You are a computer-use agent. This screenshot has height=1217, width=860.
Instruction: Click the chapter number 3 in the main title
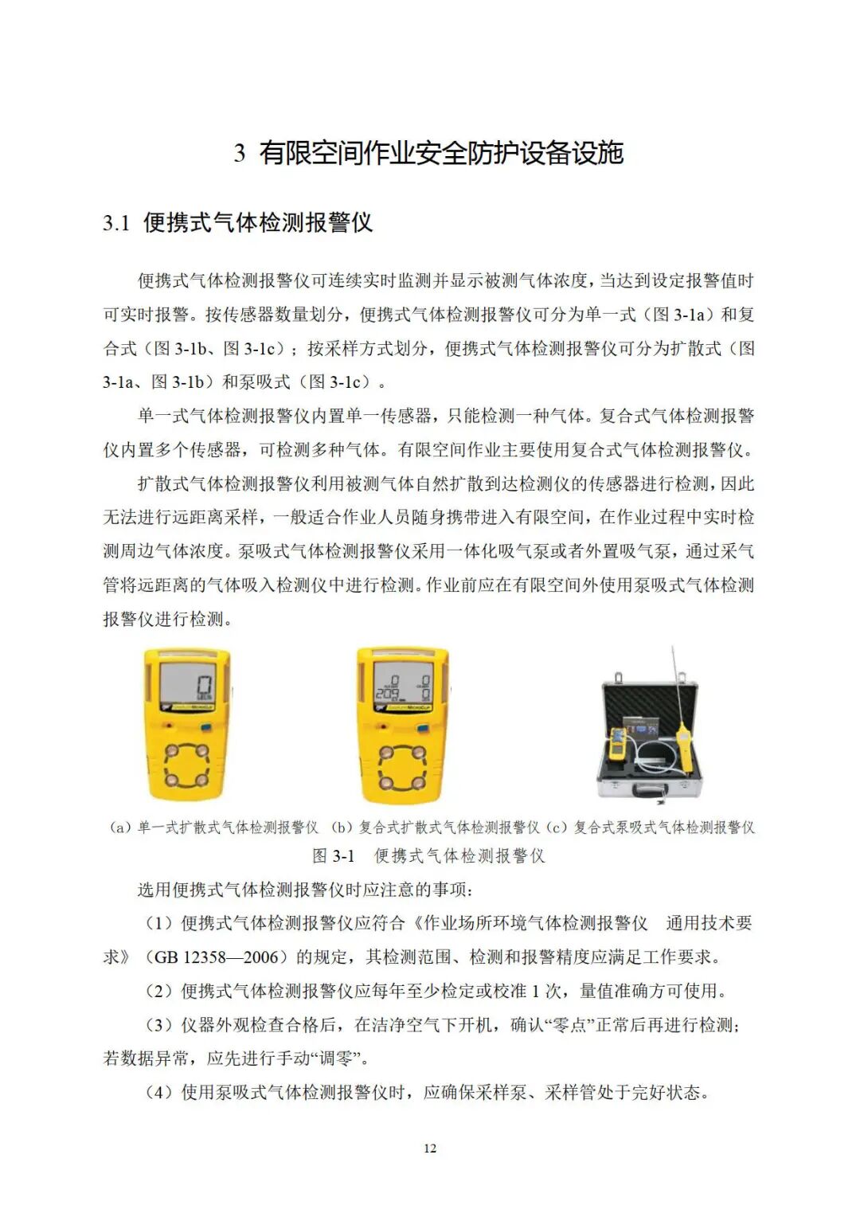click(239, 153)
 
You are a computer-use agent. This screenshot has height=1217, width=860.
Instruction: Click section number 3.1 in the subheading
click(116, 223)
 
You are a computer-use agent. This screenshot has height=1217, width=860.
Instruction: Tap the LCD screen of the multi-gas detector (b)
click(402, 685)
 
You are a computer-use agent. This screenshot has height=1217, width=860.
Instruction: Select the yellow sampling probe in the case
click(682, 741)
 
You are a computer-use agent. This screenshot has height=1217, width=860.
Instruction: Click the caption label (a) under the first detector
click(120, 828)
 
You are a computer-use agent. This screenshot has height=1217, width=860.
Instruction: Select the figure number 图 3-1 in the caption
click(333, 856)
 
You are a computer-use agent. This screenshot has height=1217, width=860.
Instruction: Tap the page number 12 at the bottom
click(430, 1148)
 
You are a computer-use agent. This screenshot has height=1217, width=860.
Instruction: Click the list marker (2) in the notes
click(158, 992)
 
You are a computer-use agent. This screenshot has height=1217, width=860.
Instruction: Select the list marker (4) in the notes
click(158, 1093)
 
